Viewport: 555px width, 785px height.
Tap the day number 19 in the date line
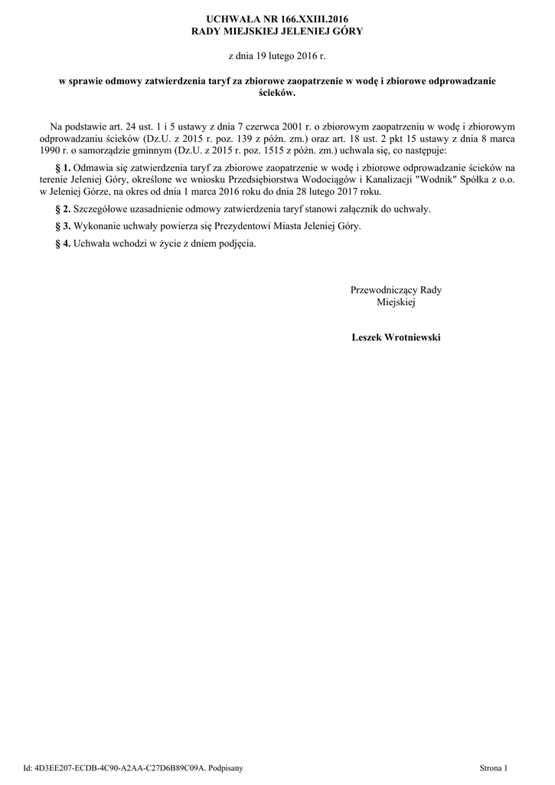coord(260,57)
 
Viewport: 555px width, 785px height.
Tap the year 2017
coord(351,192)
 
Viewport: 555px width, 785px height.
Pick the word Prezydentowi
coord(223,227)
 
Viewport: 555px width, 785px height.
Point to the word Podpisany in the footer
coord(223,767)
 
